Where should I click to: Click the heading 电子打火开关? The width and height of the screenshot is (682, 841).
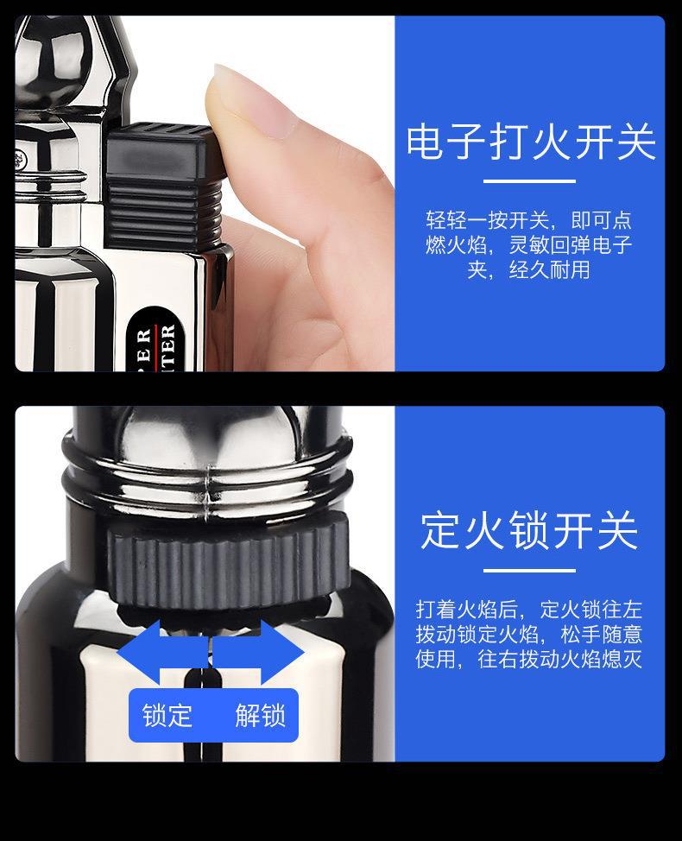(x=530, y=143)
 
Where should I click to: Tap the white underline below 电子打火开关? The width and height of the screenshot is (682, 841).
(x=529, y=181)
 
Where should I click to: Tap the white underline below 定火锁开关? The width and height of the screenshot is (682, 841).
(x=529, y=570)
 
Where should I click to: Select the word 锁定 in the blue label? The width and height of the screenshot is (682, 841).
(x=167, y=716)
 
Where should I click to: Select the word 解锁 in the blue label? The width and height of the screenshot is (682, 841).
(x=260, y=716)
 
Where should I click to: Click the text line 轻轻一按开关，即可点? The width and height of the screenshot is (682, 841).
(x=529, y=220)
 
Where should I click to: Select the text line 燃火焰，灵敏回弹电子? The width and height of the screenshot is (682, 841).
(x=529, y=245)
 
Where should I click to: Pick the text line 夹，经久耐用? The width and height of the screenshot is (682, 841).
(x=529, y=270)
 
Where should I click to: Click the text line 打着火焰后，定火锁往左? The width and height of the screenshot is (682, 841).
(x=529, y=610)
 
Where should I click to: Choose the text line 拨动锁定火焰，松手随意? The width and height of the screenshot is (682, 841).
(x=529, y=635)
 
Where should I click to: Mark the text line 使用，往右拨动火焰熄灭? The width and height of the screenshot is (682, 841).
(x=529, y=660)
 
